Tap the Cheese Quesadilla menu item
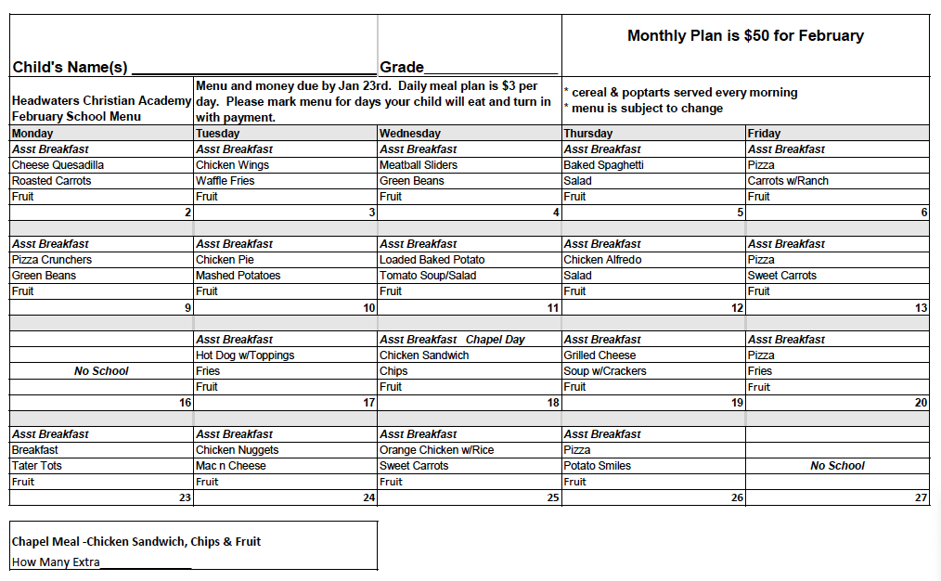click(58, 165)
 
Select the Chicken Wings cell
click(232, 165)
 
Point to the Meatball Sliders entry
click(419, 165)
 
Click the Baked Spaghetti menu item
click(603, 165)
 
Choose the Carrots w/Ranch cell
click(788, 181)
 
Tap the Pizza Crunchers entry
click(52, 260)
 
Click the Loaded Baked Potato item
click(432, 260)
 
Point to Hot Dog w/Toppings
click(245, 355)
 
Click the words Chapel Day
click(495, 340)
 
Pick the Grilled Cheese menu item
click(599, 355)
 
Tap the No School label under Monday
click(101, 371)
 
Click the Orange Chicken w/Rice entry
click(436, 450)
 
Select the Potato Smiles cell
click(597, 466)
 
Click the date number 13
click(921, 308)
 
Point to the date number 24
click(368, 498)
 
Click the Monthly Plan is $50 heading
click(745, 36)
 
